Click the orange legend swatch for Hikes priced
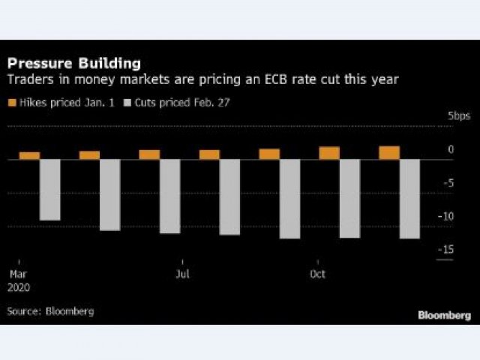pos(11,102)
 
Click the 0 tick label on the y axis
pos(451,150)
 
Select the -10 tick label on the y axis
pos(446,216)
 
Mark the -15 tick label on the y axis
pos(446,250)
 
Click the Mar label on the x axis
pos(16,274)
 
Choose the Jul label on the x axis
pos(182,274)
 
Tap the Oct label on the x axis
pos(317,274)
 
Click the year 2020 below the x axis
pos(19,286)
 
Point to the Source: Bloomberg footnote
pos(50,310)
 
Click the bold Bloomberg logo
pos(444,315)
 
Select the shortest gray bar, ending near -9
pos(49,190)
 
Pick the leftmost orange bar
pos(29,155)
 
